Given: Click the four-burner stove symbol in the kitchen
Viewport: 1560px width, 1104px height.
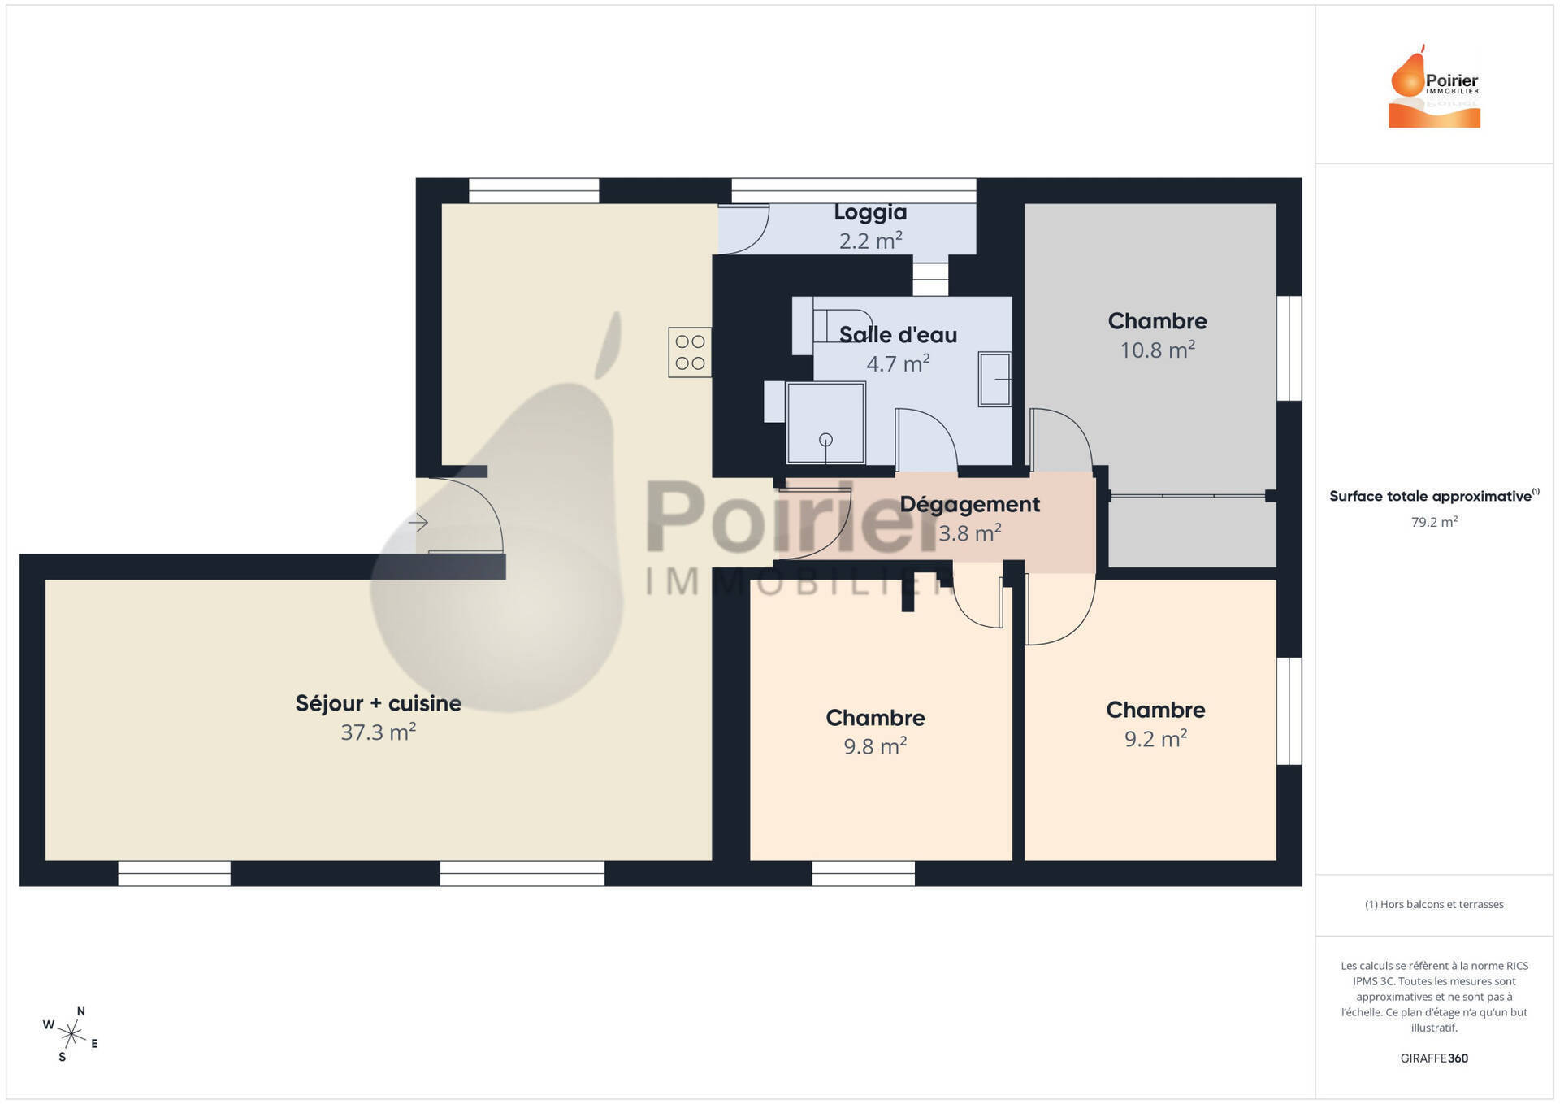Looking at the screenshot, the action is pyautogui.click(x=690, y=352).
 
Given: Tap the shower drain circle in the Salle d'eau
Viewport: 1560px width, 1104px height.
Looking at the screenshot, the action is pyautogui.click(x=825, y=441).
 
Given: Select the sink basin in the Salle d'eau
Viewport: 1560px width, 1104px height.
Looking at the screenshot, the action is pyautogui.click(x=994, y=379).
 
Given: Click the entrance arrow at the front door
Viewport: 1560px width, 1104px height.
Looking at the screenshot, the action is pyautogui.click(x=418, y=522).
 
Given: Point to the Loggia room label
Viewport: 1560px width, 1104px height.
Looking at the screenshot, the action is pyautogui.click(x=870, y=212).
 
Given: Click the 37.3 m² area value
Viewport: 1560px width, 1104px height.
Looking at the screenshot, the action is pyautogui.click(x=379, y=732).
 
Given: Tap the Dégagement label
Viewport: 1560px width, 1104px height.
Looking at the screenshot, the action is pyautogui.click(x=969, y=505).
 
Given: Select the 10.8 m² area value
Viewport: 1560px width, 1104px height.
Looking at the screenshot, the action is pyautogui.click(x=1157, y=350).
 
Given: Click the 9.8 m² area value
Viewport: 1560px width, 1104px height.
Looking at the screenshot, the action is pyautogui.click(x=875, y=745).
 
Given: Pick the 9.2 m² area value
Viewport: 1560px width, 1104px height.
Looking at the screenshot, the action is pyautogui.click(x=1155, y=738).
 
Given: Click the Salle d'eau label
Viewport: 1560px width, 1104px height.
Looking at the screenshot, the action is pyautogui.click(x=898, y=335).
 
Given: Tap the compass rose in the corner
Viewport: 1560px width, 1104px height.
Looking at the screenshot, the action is pyautogui.click(x=71, y=1034).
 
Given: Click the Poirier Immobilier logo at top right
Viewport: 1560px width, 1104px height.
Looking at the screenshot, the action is pyautogui.click(x=1434, y=86).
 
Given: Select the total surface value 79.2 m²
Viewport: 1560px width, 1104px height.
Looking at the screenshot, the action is pyautogui.click(x=1434, y=522).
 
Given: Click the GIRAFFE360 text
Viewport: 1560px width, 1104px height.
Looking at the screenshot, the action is pyautogui.click(x=1434, y=1058).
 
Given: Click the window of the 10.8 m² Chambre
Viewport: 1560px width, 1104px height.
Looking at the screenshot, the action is pyautogui.click(x=1289, y=348).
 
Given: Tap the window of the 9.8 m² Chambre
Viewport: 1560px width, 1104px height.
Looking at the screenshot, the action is pyautogui.click(x=864, y=873).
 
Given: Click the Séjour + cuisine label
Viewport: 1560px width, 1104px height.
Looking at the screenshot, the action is pyautogui.click(x=379, y=703).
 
